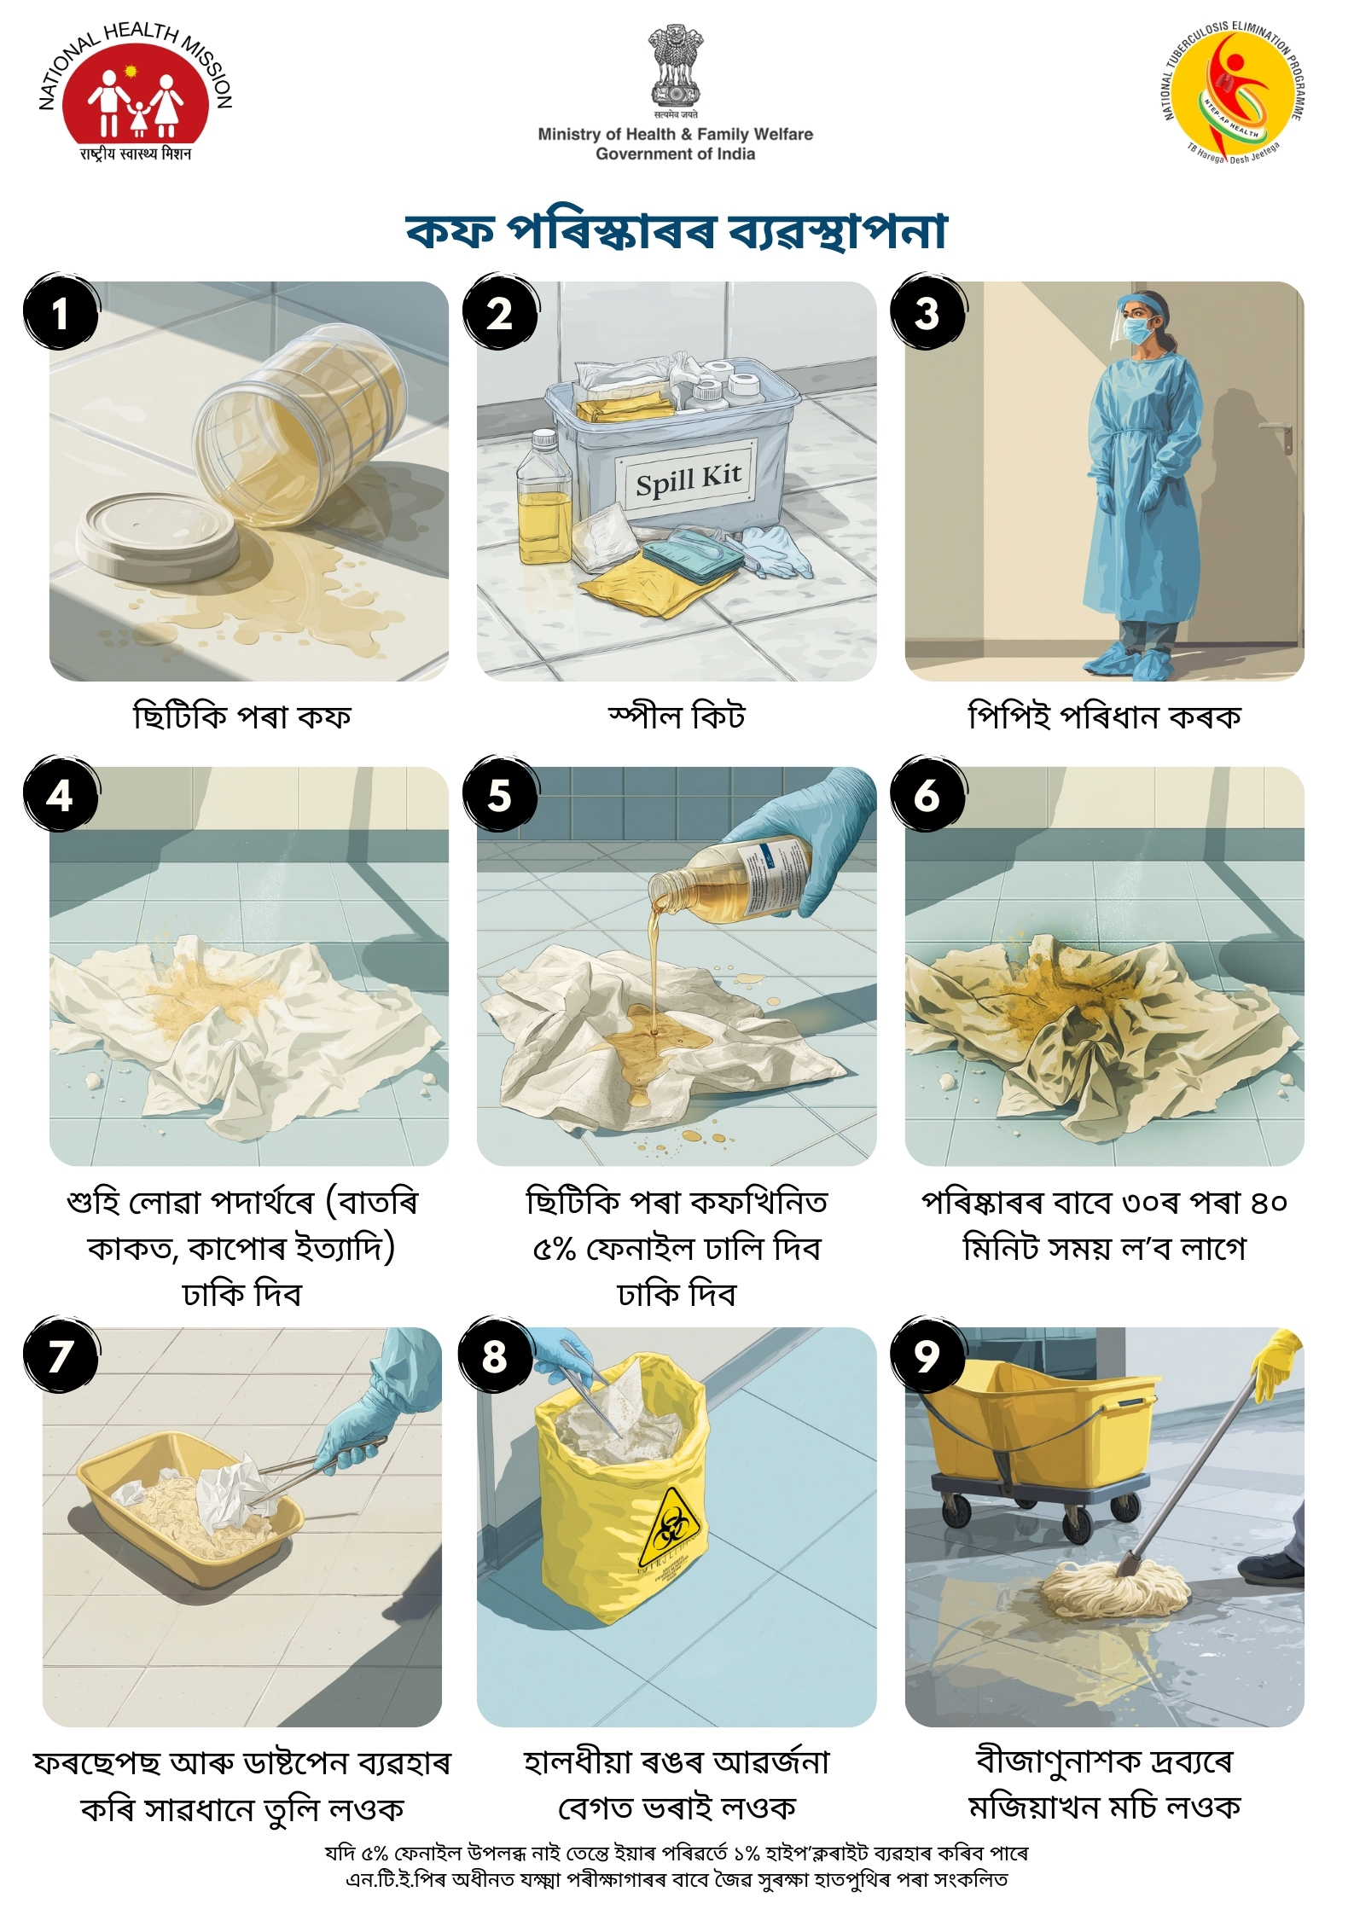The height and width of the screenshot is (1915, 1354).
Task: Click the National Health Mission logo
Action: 135,91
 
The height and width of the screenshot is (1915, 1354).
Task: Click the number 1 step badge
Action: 61,312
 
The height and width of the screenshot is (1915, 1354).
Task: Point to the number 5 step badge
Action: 500,795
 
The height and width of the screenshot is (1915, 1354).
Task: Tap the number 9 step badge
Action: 927,1355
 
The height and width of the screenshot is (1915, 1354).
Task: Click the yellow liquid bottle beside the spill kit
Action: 543,498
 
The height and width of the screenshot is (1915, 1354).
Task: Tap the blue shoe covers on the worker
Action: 1139,660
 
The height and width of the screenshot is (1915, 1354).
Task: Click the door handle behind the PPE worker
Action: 1280,434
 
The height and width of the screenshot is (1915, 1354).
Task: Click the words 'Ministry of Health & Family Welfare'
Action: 675,134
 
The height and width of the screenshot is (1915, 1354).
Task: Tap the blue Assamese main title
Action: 677,229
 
